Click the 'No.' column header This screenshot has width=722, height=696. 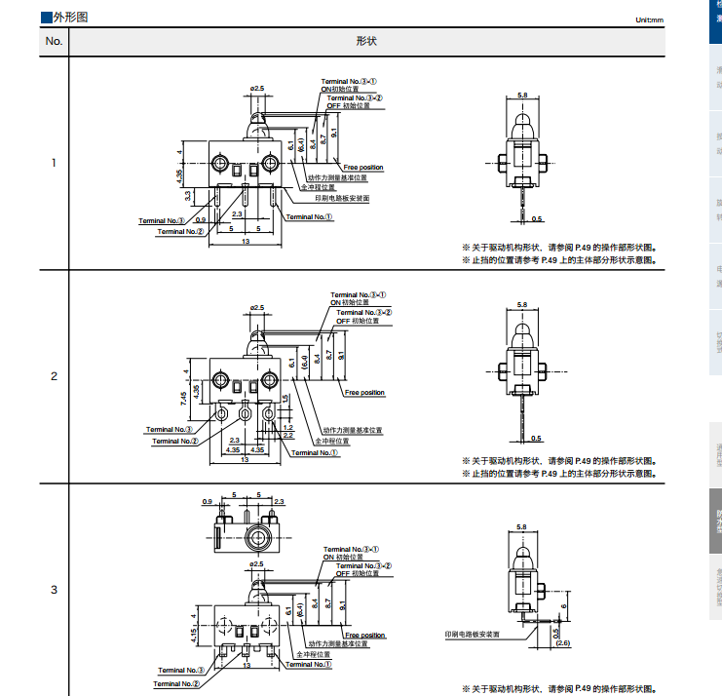tap(54, 41)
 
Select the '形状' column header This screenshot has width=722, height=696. tap(366, 41)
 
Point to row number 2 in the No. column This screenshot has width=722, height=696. tap(54, 376)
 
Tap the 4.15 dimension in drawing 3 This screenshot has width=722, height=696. tap(194, 635)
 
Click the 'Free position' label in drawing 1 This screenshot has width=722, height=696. tap(363, 168)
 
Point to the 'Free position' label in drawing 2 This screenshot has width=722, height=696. tap(365, 393)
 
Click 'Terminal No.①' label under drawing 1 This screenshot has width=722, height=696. tap(310, 217)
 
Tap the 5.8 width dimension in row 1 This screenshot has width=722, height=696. tap(522, 95)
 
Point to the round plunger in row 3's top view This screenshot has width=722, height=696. tap(258, 537)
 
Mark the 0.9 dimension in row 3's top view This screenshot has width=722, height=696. tap(208, 501)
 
